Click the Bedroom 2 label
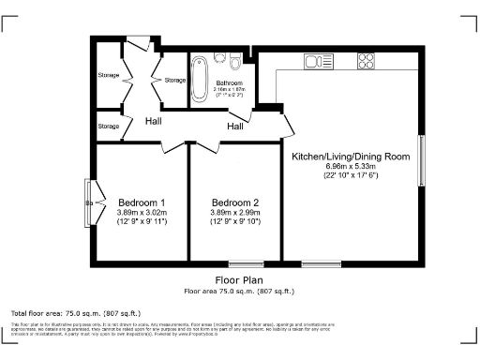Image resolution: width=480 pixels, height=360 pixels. click(x=235, y=203)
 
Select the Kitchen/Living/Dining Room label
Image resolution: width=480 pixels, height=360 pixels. click(x=351, y=156)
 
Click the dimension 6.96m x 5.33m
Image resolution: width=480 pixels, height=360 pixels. click(x=351, y=166)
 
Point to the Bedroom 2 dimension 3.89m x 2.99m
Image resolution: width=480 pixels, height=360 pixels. click(x=235, y=213)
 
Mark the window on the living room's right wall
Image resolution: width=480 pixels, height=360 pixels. click(x=421, y=160)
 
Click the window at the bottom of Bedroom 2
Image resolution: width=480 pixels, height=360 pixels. click(x=254, y=265)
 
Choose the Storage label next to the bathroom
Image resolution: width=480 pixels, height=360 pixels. click(x=175, y=81)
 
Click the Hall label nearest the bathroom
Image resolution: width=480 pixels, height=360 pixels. click(x=234, y=127)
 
